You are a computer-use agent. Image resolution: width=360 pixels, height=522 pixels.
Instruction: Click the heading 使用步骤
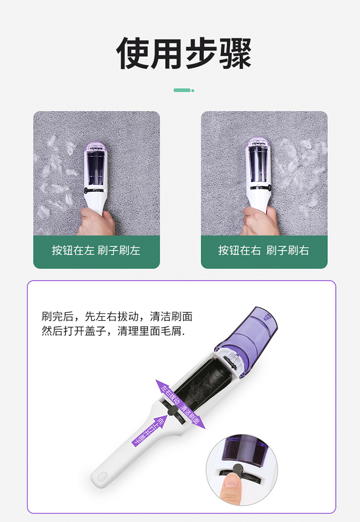tap(183, 53)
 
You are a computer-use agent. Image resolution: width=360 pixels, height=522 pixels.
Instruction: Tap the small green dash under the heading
tap(184, 90)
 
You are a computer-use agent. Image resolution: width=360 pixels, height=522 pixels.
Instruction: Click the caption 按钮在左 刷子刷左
tap(96, 250)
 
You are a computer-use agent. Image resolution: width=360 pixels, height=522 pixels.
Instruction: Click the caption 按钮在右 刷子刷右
tap(264, 250)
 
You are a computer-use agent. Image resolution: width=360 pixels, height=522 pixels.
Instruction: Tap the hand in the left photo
tap(96, 222)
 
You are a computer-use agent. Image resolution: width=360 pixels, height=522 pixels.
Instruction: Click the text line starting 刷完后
tap(117, 316)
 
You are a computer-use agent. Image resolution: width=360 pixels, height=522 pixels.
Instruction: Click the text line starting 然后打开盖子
tap(113, 331)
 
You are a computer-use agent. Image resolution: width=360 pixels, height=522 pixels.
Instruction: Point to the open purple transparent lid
tap(248, 340)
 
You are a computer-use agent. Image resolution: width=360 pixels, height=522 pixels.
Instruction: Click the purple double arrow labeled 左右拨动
tap(180, 404)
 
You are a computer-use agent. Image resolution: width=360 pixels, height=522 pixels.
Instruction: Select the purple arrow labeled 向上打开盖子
tap(148, 430)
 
